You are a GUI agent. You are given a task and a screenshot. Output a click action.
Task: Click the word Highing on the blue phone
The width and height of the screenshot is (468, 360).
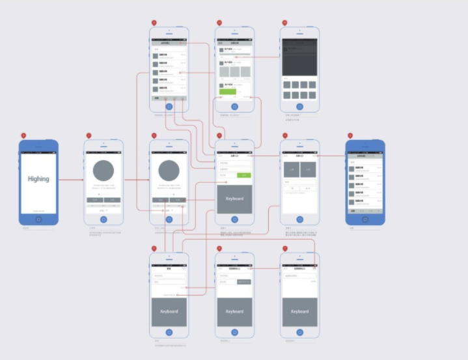click(38, 178)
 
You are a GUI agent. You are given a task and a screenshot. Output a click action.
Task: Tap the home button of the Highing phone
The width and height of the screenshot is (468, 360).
click(38, 219)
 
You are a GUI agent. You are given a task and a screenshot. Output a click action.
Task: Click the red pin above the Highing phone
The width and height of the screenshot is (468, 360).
click(23, 135)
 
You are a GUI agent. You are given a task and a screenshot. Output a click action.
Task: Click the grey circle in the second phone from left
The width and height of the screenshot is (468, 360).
click(103, 171)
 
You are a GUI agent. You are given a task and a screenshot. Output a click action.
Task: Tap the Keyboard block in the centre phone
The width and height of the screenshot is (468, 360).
click(234, 199)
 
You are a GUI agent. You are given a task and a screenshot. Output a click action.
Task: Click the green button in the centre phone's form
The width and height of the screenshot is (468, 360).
click(243, 175)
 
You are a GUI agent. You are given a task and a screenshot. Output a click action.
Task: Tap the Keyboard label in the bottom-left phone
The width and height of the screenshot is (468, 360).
click(169, 312)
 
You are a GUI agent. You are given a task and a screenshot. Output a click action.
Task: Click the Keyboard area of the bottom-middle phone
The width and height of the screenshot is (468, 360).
click(234, 312)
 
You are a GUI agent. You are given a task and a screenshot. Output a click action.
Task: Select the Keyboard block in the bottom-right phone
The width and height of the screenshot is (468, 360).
click(299, 312)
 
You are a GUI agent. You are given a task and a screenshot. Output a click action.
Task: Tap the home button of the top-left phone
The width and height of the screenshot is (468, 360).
click(169, 106)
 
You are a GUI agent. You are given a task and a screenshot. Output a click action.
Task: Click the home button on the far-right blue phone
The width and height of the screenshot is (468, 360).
click(365, 219)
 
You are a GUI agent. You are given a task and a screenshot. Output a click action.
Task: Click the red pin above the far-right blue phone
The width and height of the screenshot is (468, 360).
click(350, 135)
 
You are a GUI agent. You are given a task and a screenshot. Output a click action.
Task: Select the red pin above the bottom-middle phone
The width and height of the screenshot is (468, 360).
click(219, 249)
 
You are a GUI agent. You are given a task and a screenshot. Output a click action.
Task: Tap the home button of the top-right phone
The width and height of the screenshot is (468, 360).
click(299, 106)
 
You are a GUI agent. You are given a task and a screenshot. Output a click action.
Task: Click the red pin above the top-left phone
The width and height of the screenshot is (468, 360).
click(154, 23)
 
